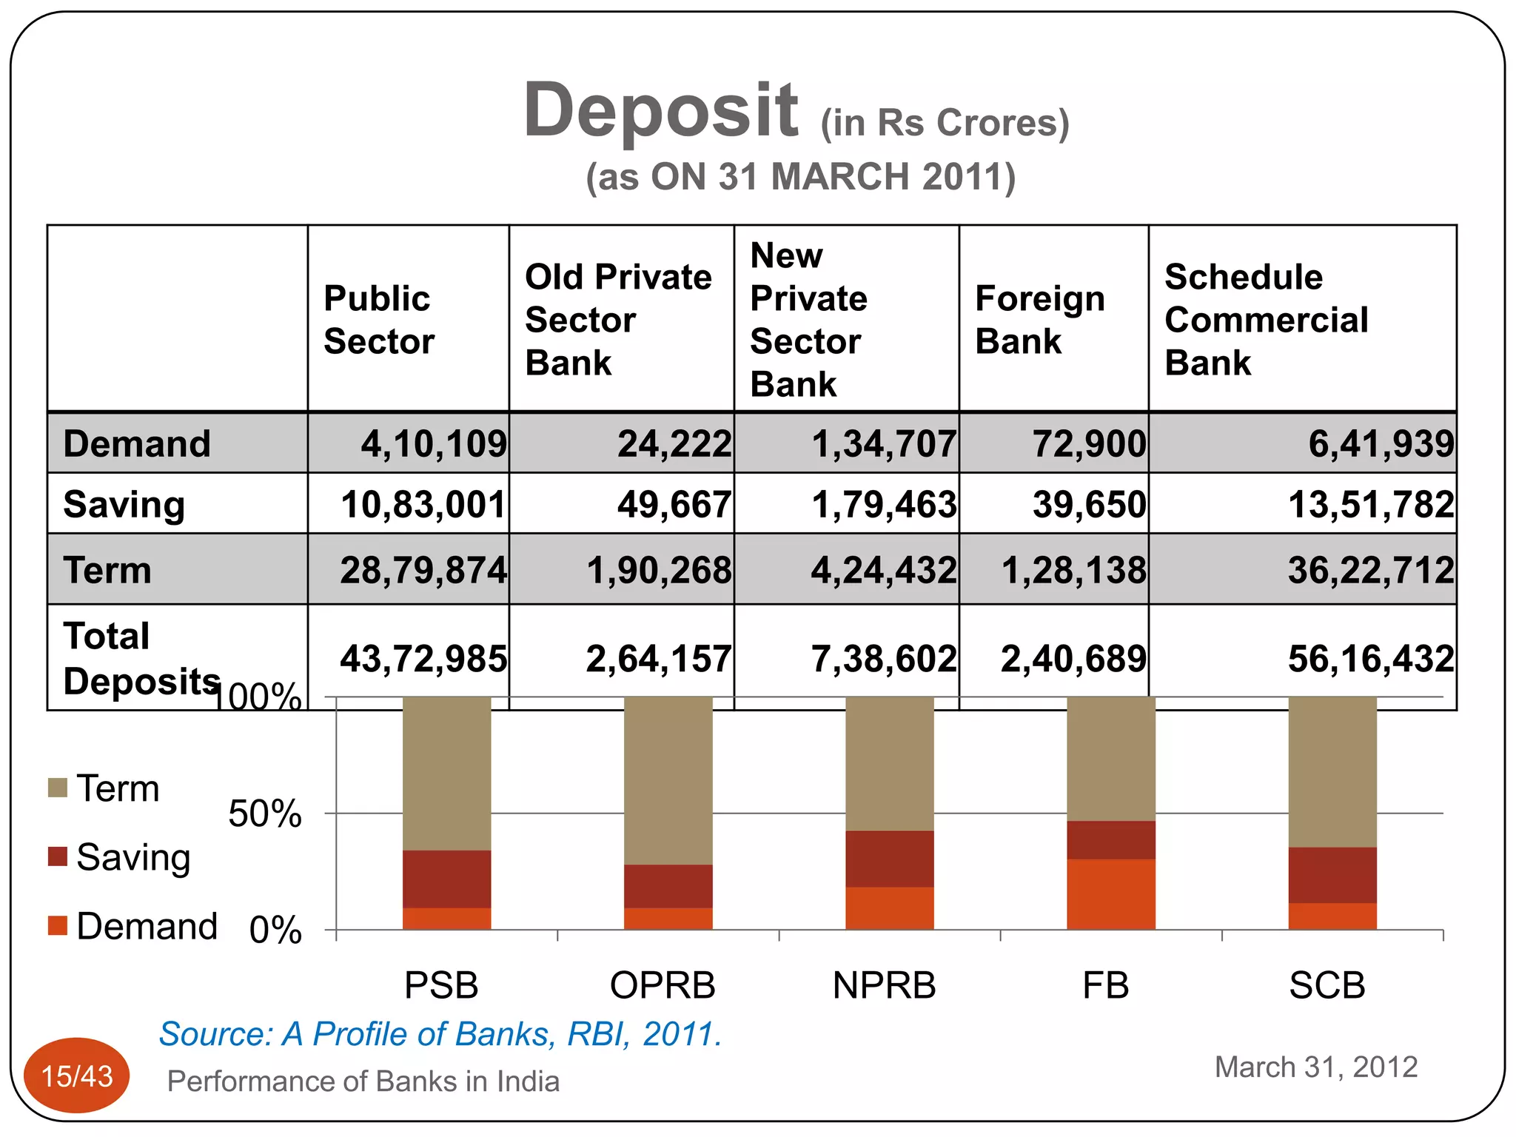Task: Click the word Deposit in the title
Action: coord(660,111)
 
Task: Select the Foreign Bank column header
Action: coord(1040,320)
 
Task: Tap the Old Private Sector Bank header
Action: coord(618,320)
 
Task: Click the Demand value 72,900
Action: coord(1089,444)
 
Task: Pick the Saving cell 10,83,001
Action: coord(423,505)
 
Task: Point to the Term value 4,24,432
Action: coord(884,571)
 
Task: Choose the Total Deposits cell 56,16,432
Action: coord(1371,659)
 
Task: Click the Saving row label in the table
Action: coord(124,505)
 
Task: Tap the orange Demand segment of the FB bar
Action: coord(1110,893)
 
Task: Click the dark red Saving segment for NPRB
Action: coord(889,859)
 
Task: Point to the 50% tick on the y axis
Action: coord(264,814)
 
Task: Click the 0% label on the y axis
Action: coord(275,930)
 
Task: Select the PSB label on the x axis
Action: coord(441,985)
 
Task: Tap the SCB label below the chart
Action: coord(1326,985)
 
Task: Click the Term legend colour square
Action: coord(58,788)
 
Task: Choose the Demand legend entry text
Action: coord(147,926)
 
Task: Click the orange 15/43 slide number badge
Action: coord(77,1076)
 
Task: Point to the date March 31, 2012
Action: coord(1315,1067)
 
